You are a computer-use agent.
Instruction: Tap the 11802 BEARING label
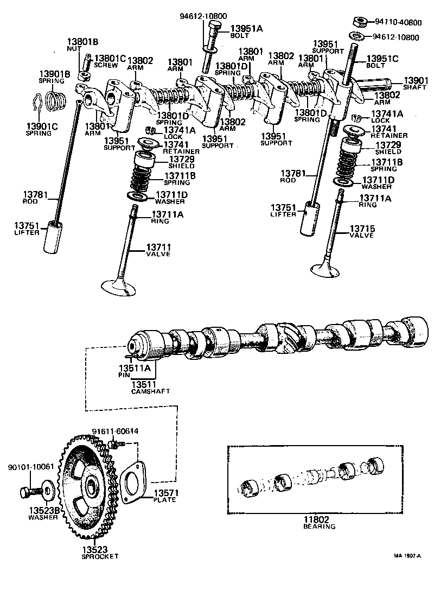point(320,523)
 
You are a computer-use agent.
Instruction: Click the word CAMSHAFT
point(150,391)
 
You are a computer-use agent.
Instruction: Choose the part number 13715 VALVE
point(362,229)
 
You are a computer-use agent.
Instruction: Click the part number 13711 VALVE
point(158,247)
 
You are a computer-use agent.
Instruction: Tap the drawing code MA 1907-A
point(407,555)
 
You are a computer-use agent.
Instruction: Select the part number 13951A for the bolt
point(246,28)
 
